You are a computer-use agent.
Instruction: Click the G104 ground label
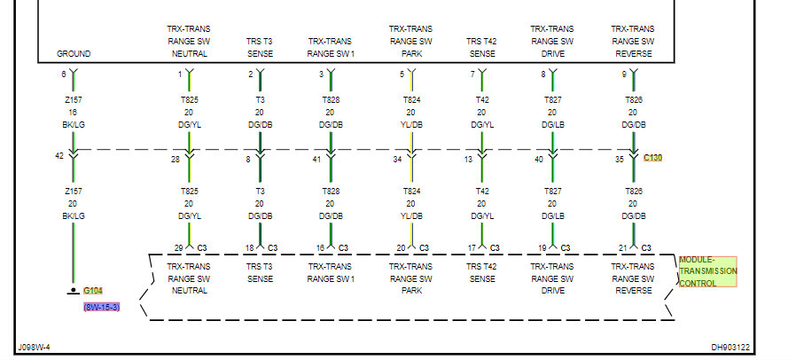[93, 291]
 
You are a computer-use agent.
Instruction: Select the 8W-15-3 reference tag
[101, 307]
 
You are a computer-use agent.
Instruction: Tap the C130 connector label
[652, 158]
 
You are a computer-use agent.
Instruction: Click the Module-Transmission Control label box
[707, 271]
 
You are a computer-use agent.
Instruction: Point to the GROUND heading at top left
[74, 53]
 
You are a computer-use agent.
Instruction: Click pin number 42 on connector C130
[60, 157]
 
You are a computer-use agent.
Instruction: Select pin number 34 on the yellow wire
[398, 160]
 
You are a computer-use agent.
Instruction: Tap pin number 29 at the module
[177, 247]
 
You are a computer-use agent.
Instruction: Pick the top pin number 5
[401, 74]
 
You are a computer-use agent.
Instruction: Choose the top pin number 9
[623, 74]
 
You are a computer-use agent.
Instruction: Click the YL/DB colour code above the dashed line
[410, 125]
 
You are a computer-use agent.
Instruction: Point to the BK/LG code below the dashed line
[74, 215]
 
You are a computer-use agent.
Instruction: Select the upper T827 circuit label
[552, 100]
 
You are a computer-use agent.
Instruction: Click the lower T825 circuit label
[189, 191]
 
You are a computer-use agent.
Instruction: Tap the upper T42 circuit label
[481, 100]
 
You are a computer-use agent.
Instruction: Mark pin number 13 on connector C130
[469, 160]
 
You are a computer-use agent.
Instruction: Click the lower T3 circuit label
[260, 191]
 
